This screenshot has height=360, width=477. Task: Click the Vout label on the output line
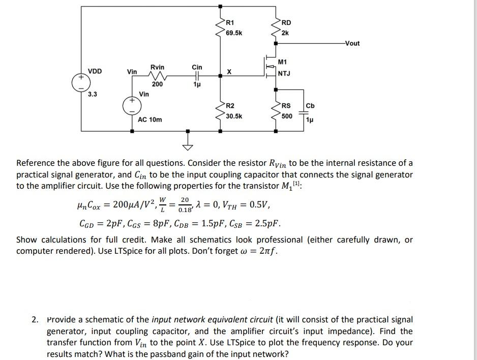(352, 43)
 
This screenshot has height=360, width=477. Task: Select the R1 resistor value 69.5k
(234, 33)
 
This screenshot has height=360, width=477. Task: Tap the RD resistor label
(286, 22)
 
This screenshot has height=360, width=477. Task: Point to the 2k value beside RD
(285, 33)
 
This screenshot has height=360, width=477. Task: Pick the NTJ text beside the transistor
(284, 74)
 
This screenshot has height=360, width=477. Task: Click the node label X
(230, 72)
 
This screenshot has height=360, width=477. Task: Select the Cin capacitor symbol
(197, 76)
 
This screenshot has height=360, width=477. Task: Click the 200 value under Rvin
(157, 84)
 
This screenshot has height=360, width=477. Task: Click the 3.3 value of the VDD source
(92, 94)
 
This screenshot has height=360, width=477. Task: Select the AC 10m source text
(150, 119)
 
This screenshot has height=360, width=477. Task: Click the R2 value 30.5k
(234, 116)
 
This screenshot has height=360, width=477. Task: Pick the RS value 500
(287, 116)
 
